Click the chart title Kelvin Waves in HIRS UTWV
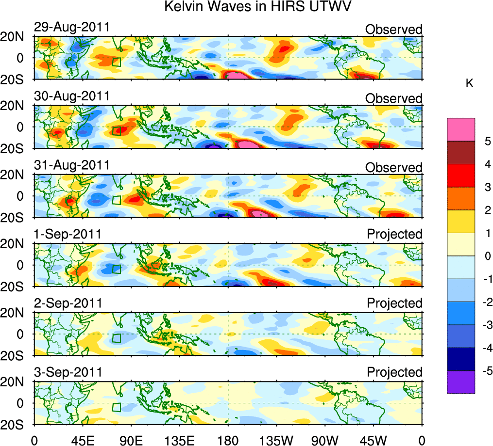coord(257,7)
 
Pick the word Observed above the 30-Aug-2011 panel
coord(394,99)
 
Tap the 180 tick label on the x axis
coord(228,439)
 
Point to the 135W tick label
coord(276,439)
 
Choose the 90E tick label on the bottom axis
coord(131,439)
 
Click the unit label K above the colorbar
coord(469,84)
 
